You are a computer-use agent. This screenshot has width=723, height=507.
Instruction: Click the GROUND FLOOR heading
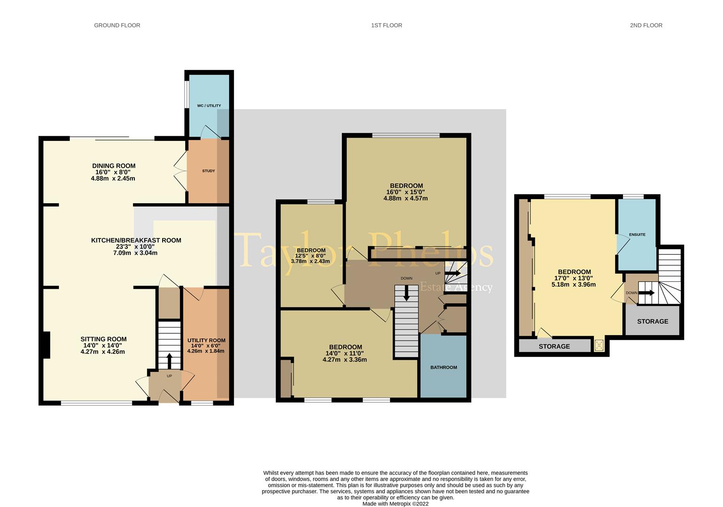(117, 25)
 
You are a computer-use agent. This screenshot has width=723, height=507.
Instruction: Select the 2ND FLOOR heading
(646, 25)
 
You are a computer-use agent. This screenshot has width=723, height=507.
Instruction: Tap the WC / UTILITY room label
(209, 106)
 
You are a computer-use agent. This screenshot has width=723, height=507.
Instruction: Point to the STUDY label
(209, 170)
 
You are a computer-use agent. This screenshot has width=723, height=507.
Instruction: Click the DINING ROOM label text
(114, 166)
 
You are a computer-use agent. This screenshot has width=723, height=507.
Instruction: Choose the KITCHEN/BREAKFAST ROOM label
(136, 240)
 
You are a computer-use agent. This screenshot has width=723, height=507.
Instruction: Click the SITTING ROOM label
(103, 339)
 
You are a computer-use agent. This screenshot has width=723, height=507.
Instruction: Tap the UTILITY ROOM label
(206, 340)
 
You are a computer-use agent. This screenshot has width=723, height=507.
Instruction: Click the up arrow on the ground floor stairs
(169, 361)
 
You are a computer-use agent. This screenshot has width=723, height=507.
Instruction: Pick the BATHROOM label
(443, 367)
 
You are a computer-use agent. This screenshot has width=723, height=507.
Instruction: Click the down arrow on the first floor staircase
(406, 293)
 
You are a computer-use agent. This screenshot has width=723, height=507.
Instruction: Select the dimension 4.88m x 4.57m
(405, 199)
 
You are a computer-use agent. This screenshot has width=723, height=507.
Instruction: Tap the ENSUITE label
(637, 234)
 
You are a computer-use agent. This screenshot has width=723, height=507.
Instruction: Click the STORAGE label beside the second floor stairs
(653, 321)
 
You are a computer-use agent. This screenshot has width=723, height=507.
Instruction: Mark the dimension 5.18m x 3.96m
(574, 284)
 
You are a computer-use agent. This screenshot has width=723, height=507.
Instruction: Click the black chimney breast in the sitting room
(47, 345)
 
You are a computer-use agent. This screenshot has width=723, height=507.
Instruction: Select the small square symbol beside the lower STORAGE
(599, 346)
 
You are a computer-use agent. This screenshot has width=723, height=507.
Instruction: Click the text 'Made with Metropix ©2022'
(396, 503)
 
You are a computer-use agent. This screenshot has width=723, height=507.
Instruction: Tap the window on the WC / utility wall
(187, 94)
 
